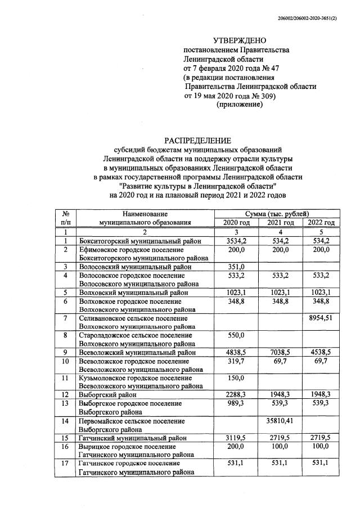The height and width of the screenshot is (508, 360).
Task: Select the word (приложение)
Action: click(239, 105)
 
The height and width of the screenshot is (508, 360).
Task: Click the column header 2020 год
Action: click(235, 223)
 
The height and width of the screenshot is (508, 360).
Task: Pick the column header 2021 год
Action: click(280, 223)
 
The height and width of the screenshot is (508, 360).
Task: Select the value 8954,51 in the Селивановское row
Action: click(321, 319)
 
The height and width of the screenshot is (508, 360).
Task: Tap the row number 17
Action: click(66, 463)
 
